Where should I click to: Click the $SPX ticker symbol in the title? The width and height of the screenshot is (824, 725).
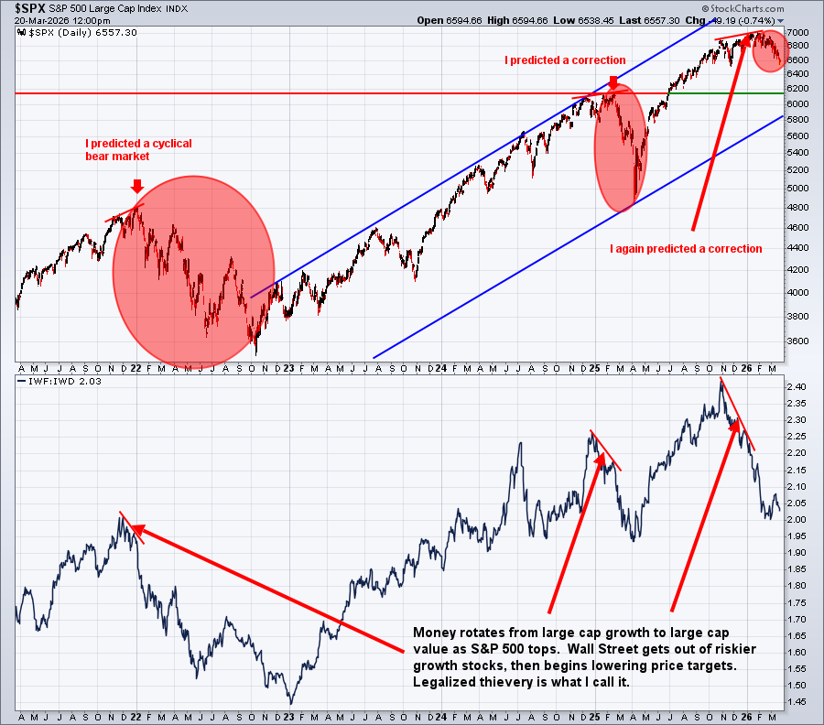pos(31,8)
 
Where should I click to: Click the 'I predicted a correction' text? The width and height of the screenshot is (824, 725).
pos(565,60)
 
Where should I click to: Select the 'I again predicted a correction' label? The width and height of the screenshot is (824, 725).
pos(686,248)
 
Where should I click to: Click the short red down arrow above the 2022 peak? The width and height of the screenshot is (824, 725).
pos(137,187)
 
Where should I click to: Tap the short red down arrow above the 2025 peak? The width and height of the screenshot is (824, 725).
pos(613,82)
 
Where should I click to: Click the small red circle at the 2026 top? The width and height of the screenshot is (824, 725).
pos(771,52)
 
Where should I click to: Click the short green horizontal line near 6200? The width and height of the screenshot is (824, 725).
pos(765,93)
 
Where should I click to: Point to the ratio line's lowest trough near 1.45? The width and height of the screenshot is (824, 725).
pos(291,702)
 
